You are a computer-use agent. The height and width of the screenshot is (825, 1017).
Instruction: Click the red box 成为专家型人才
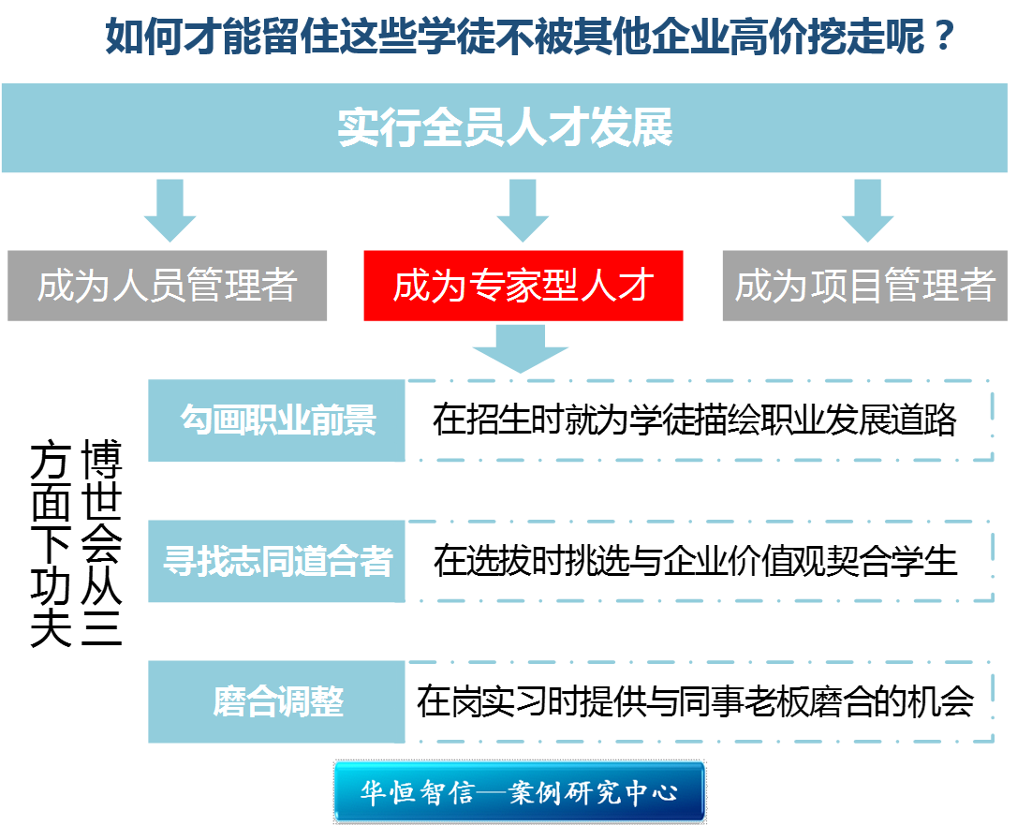(523, 286)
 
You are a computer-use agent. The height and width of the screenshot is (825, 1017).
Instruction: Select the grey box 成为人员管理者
(168, 286)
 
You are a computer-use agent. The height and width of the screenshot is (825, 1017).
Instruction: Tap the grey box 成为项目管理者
(864, 286)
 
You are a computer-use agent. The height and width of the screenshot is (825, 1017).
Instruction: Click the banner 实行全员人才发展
(506, 128)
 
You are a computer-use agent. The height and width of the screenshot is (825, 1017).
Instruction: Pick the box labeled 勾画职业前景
(277, 420)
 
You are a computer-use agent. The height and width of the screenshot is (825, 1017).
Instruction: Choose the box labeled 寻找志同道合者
(277, 561)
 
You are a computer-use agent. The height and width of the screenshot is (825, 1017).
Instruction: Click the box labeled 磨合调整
(277, 701)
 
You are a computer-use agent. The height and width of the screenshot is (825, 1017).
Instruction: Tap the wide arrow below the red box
(521, 348)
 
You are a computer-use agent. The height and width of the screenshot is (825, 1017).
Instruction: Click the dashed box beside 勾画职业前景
(700, 420)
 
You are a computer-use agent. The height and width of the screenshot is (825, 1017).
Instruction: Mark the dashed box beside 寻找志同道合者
(700, 561)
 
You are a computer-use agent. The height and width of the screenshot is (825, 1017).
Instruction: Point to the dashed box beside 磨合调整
(700, 701)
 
